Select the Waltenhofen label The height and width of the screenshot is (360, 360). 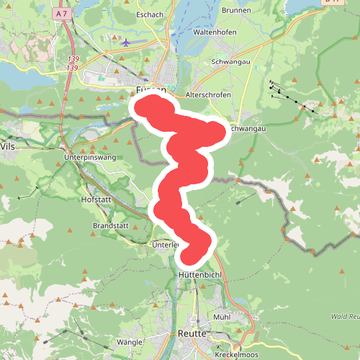(216, 33)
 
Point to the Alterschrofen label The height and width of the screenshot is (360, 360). (207, 95)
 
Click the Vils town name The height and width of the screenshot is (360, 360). (8, 145)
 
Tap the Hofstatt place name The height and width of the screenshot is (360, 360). (97, 199)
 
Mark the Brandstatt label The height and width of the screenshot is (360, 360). (110, 225)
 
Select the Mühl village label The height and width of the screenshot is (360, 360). (222, 317)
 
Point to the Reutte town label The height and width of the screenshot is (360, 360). (192, 334)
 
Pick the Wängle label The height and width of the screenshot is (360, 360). (130, 341)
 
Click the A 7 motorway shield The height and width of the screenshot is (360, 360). (63, 13)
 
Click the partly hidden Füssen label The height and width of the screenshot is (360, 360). (150, 91)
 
